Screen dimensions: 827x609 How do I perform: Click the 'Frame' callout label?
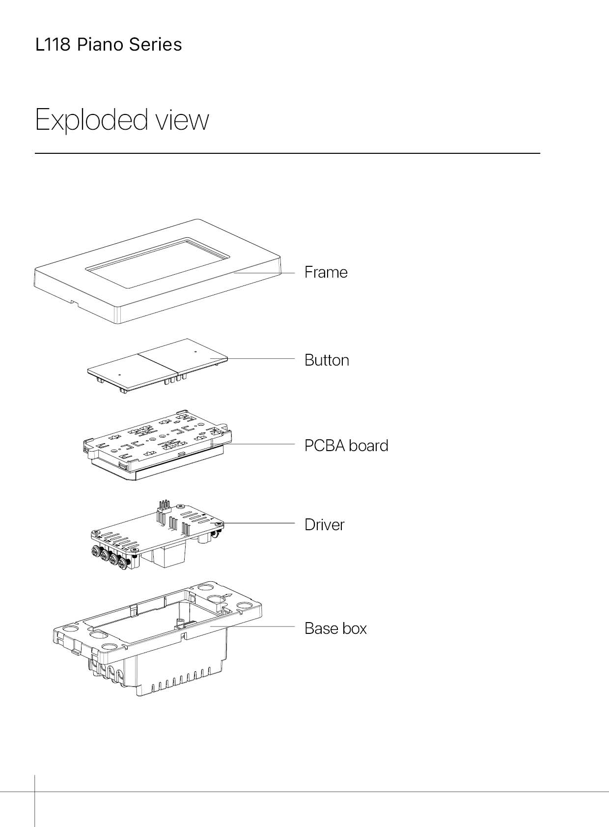tap(326, 272)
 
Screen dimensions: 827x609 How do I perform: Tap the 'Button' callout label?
tap(327, 360)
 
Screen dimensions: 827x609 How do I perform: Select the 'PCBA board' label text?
tap(346, 446)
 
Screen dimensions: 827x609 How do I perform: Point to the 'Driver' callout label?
tap(324, 525)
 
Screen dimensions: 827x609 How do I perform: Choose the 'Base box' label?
tap(335, 628)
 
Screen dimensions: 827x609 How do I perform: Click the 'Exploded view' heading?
tap(122, 119)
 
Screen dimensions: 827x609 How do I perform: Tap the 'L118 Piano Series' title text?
tap(109, 45)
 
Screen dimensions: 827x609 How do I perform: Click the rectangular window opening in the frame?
tap(157, 263)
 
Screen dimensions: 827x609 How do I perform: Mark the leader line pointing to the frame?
tap(265, 273)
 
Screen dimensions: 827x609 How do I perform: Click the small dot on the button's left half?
tap(119, 374)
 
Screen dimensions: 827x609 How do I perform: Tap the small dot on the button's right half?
tap(195, 352)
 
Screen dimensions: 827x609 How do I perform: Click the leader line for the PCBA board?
tap(260, 444)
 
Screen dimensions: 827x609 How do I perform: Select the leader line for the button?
tap(260, 359)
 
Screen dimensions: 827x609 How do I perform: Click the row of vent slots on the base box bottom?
tap(182, 683)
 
